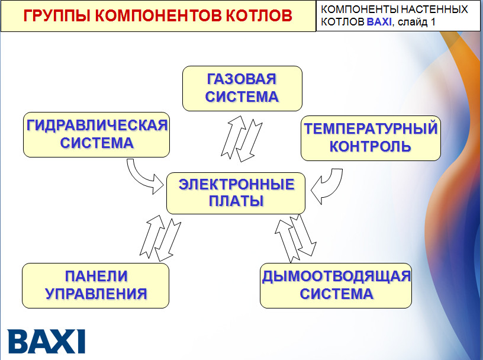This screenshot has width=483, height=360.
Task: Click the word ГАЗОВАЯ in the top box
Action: (x=241, y=79)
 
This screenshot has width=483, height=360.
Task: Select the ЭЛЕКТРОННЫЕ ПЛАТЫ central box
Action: (x=236, y=193)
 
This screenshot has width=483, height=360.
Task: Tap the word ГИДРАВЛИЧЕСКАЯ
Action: (x=96, y=126)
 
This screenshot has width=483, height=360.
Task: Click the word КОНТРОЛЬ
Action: (x=371, y=146)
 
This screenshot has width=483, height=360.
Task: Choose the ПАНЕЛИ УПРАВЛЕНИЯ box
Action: (x=95, y=285)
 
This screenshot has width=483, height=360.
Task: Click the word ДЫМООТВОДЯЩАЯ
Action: (x=336, y=277)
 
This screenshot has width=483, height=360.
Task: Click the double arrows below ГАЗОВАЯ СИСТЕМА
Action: (x=241, y=137)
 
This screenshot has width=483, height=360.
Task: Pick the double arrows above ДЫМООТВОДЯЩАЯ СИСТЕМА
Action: (x=298, y=237)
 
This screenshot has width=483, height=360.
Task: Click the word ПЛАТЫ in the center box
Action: (x=236, y=201)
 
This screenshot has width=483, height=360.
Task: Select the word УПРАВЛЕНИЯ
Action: (x=96, y=294)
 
